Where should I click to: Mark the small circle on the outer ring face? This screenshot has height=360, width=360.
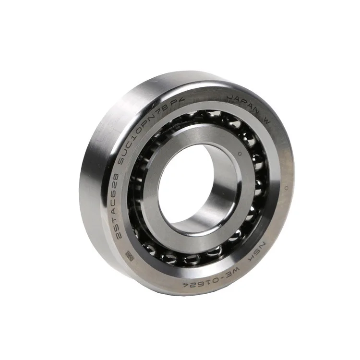(x=286, y=186)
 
